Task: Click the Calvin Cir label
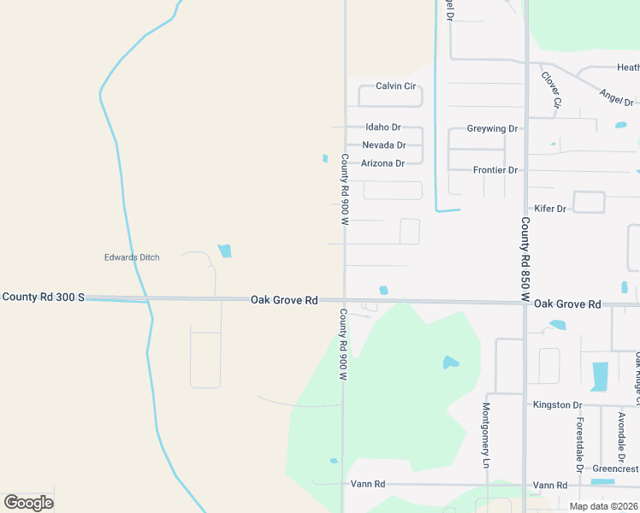pyautogui.click(x=395, y=86)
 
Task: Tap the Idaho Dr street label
pyautogui.click(x=382, y=127)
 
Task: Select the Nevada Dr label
pyautogui.click(x=383, y=145)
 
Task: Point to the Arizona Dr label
pyautogui.click(x=382, y=163)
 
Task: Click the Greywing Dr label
pyautogui.click(x=492, y=129)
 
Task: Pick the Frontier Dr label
pyautogui.click(x=495, y=170)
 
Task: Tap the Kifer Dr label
pyautogui.click(x=550, y=209)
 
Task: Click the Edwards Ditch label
pyautogui.click(x=132, y=257)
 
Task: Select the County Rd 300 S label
pyautogui.click(x=43, y=297)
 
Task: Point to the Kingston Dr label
pyautogui.click(x=557, y=404)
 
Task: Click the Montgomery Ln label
pyautogui.click(x=486, y=435)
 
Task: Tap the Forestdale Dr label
pyautogui.click(x=579, y=445)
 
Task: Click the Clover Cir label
pyautogui.click(x=551, y=88)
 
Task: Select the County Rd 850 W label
pyautogui.click(x=525, y=259)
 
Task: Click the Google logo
pyautogui.click(x=28, y=503)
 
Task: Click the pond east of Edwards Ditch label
pyautogui.click(x=224, y=251)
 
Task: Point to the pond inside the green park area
pyautogui.click(x=450, y=363)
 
